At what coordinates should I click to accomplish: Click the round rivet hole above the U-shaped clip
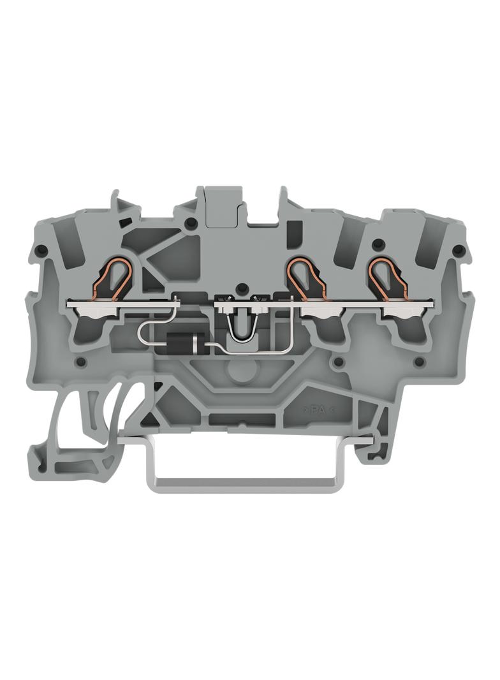pos(242,287)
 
